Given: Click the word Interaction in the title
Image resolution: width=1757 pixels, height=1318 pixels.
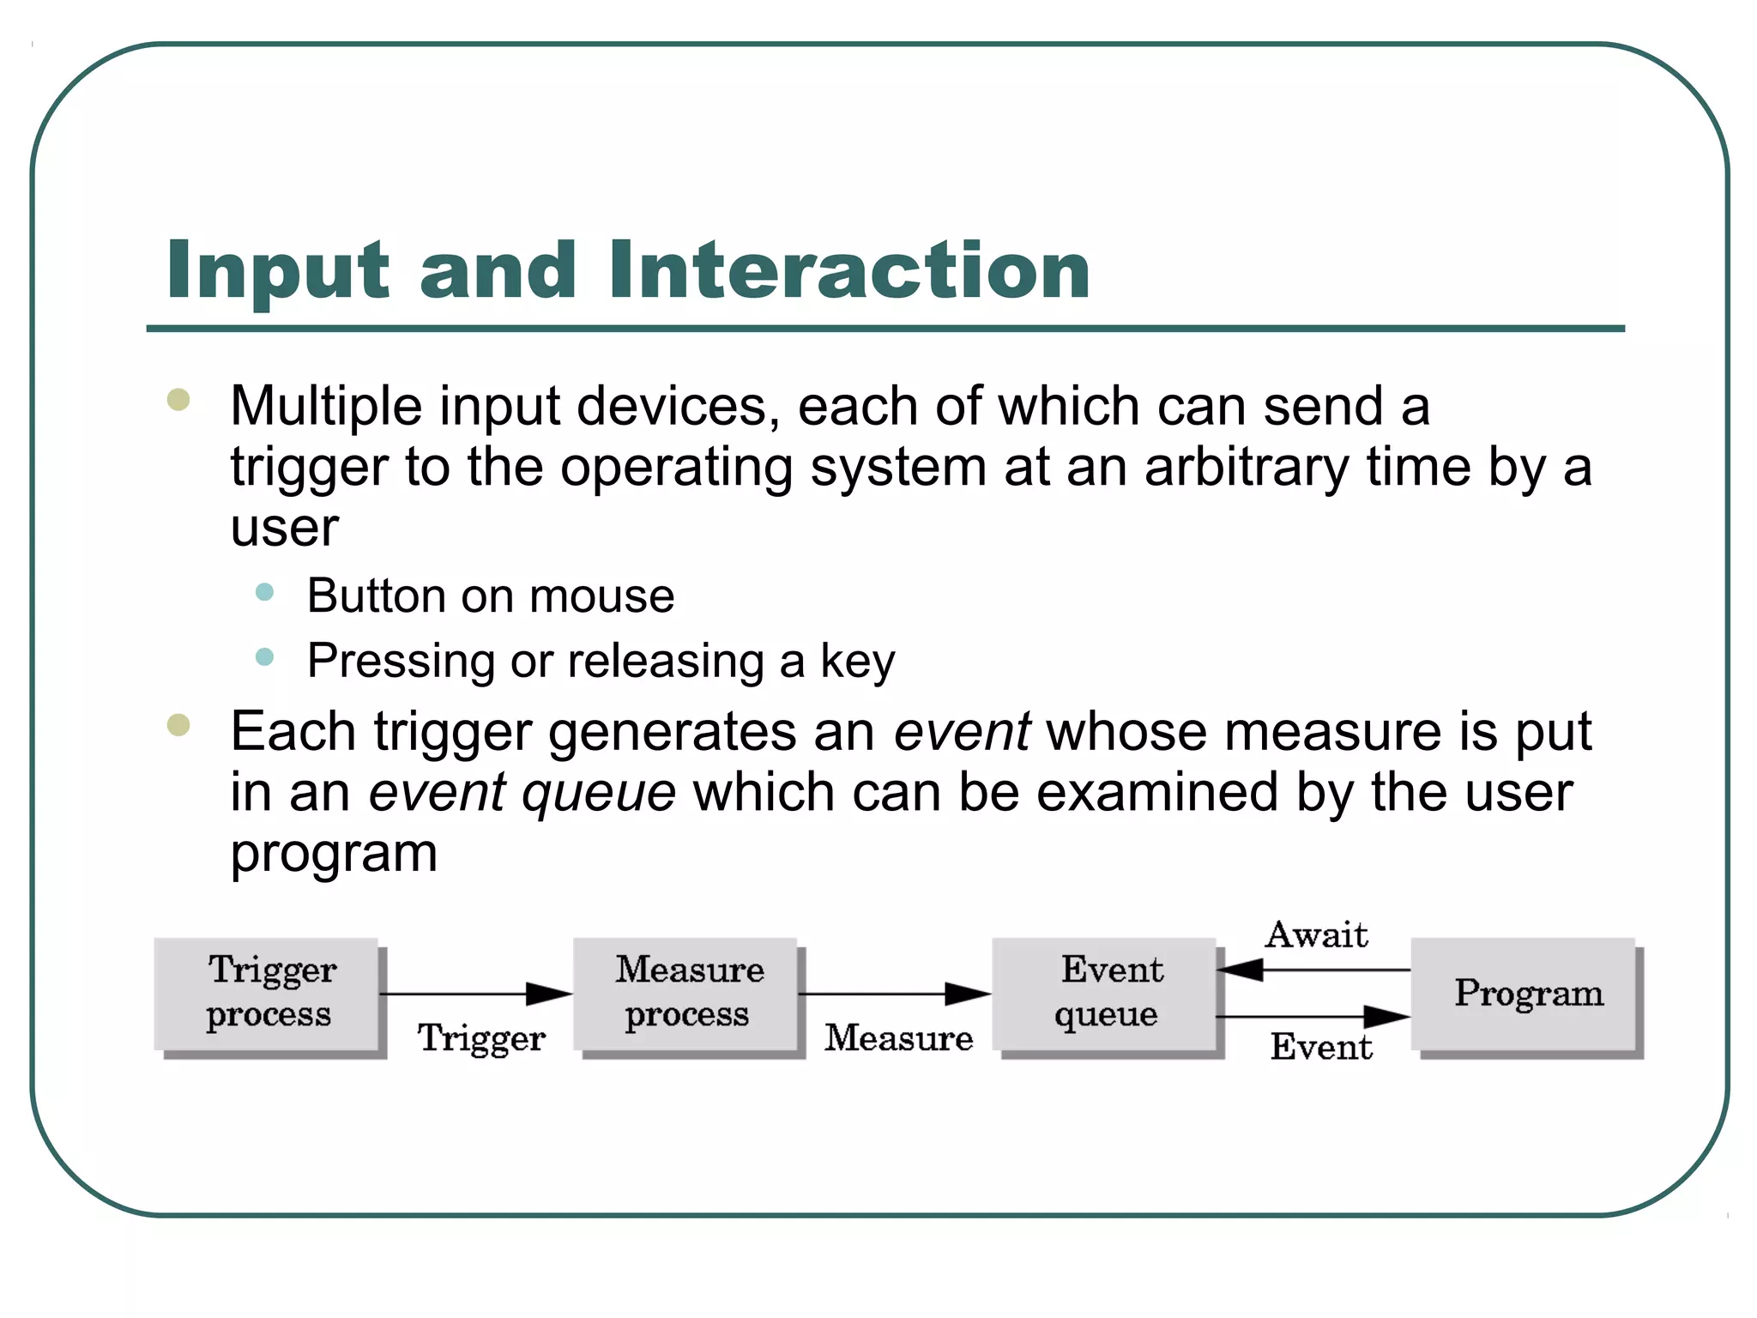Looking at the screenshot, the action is (849, 270).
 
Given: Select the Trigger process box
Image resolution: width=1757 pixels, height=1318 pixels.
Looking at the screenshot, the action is (267, 994).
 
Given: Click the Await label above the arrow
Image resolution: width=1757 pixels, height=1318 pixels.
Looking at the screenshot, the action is (1316, 934).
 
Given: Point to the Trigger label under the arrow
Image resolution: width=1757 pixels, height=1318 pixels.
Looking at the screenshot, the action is (481, 1038).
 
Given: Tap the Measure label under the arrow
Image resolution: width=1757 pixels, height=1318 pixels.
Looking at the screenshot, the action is (898, 1038).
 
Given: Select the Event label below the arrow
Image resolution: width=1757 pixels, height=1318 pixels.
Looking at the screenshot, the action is (1321, 1047).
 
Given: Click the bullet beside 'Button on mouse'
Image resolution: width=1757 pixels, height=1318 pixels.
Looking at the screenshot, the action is (265, 592).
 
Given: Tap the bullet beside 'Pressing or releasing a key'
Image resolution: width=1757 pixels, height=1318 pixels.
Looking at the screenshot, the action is (265, 657).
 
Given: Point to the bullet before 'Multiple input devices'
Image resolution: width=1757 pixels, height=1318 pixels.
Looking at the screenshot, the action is (178, 400).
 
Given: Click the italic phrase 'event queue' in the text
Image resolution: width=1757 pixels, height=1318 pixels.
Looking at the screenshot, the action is (522, 792).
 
